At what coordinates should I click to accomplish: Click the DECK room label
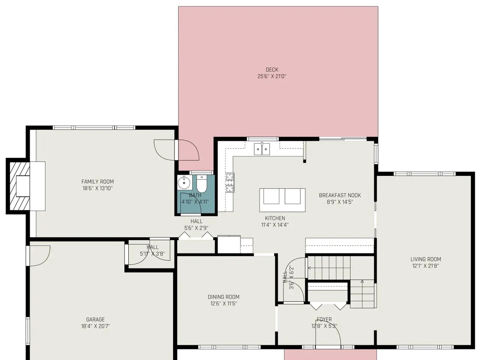coord(272,70)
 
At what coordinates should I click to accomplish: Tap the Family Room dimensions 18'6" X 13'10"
coord(97,188)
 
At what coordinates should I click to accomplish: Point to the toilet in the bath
coord(202,184)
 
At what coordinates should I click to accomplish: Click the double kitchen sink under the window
coord(262,149)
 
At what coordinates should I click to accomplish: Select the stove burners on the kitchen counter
coord(230,183)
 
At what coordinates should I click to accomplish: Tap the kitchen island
coord(282,200)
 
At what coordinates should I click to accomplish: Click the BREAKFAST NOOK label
coord(340,195)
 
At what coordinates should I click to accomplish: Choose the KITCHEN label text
coord(275,218)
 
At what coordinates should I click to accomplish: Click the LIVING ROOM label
coord(426,259)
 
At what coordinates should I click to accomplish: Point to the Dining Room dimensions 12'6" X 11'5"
coord(223,304)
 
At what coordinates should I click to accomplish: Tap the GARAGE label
coord(95,319)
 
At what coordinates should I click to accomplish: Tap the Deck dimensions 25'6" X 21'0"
coord(272,76)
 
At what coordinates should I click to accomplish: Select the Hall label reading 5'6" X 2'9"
coord(196,228)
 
